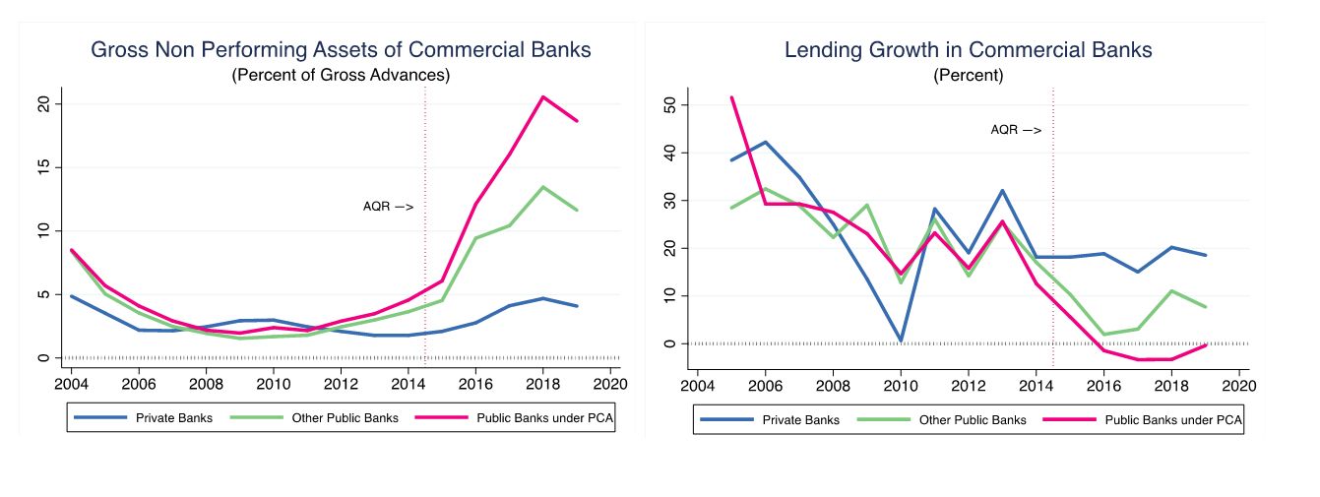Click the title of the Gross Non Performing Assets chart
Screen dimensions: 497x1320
[x=341, y=49]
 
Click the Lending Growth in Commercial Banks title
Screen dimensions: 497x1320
[x=968, y=49]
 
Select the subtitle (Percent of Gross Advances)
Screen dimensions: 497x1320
[x=341, y=75]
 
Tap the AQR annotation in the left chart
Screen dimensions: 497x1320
[x=388, y=207]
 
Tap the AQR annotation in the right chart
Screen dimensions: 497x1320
[x=1015, y=129]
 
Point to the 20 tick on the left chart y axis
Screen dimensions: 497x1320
[x=42, y=103]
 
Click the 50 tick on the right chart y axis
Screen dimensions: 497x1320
[x=669, y=104]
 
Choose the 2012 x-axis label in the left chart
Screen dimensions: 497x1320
[x=341, y=383]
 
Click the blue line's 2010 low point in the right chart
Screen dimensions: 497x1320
[x=900, y=341]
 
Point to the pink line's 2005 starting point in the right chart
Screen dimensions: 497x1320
[x=731, y=97]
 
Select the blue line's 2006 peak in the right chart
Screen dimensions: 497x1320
[x=765, y=142]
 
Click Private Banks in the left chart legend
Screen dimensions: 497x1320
[x=172, y=417]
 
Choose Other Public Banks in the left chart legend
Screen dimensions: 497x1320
[x=345, y=417]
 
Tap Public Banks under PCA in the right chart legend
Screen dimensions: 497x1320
[x=1173, y=419]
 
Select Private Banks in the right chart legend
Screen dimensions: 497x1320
[x=800, y=419]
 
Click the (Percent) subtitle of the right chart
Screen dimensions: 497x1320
[x=968, y=75]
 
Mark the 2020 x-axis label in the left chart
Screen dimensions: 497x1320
[x=610, y=383]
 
